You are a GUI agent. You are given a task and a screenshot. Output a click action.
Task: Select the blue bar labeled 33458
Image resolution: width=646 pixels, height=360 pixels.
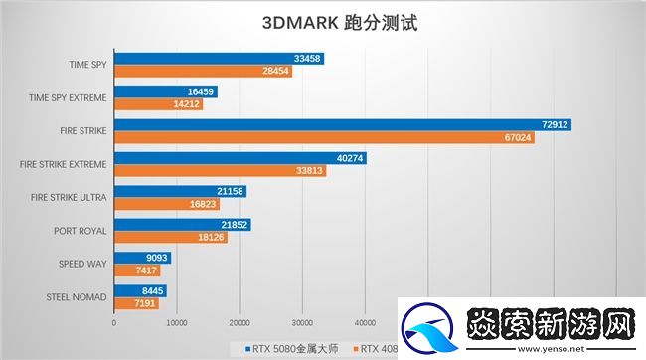(x=219, y=59)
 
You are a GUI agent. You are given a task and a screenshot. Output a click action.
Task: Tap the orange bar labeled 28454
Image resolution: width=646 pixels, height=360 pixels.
(x=203, y=72)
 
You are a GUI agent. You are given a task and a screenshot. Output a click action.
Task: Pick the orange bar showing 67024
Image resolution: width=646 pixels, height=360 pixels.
(x=323, y=137)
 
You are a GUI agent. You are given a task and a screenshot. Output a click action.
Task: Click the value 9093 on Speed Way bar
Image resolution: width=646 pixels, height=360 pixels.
(x=155, y=257)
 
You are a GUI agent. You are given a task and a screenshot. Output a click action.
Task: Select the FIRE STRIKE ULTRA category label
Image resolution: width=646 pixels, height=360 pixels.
(x=66, y=196)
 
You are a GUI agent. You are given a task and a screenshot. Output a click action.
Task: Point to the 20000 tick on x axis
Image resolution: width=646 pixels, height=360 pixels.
(x=239, y=322)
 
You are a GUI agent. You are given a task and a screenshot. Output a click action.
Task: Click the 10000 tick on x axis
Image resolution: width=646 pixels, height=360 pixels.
(x=176, y=322)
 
